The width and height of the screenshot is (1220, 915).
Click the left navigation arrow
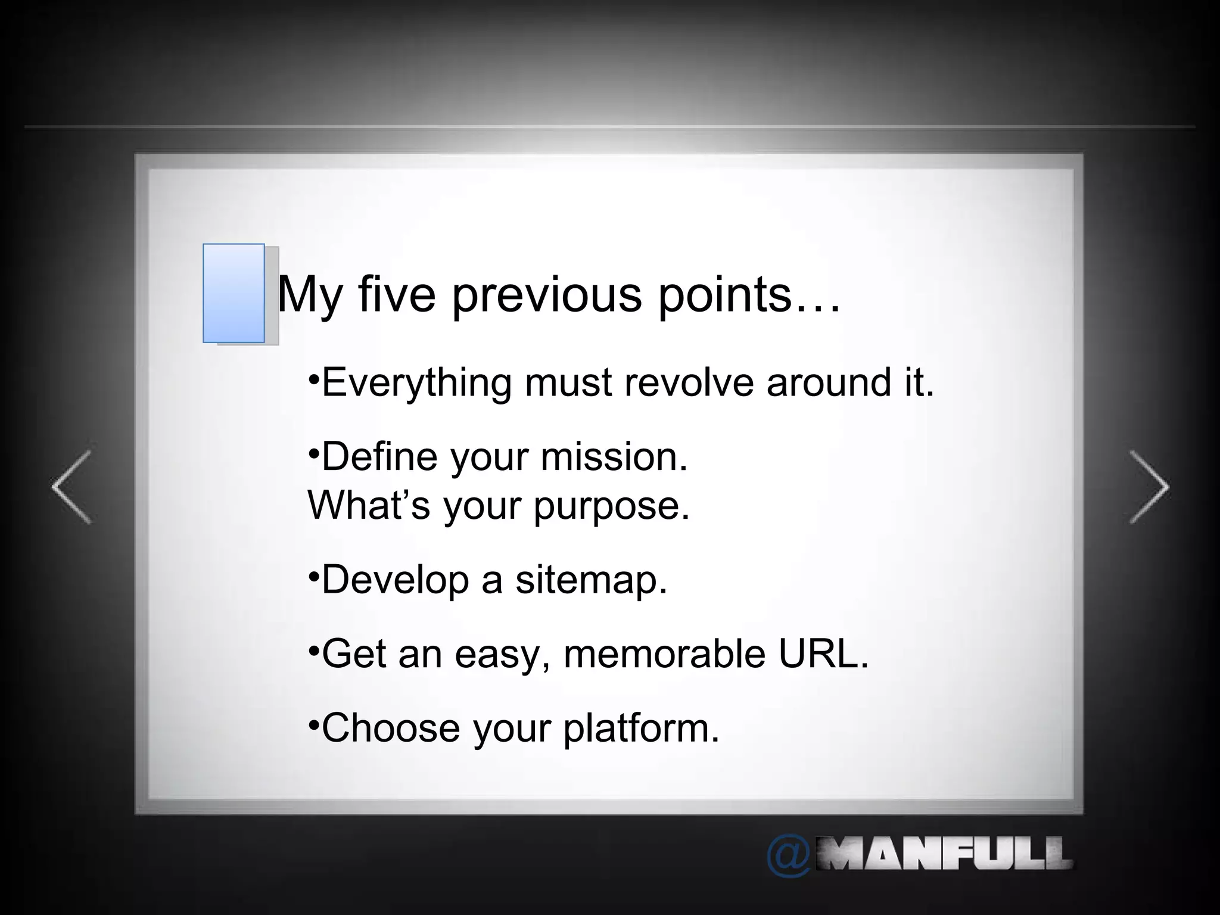(71, 487)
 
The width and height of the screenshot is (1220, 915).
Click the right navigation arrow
(1149, 487)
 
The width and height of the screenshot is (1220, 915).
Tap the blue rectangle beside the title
(234, 293)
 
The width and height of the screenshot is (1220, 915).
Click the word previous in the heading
(546, 294)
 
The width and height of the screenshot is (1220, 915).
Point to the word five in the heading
(397, 294)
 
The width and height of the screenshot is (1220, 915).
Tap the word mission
(614, 457)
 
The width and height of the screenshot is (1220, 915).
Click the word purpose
(611, 506)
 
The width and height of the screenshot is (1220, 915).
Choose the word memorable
(664, 653)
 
